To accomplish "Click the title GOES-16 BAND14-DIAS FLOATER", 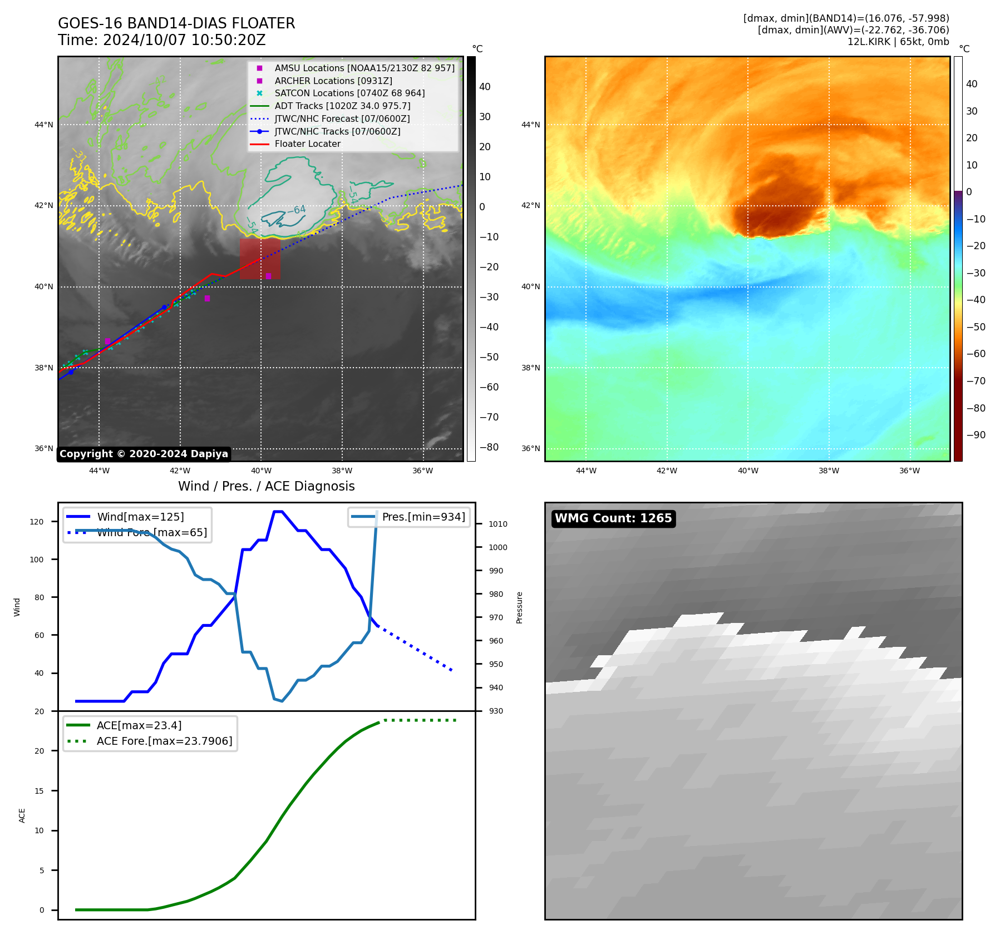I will pos(176,23).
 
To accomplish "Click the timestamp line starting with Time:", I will pos(162,40).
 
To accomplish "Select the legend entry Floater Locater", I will pos(307,144).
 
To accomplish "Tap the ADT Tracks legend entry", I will pos(342,106).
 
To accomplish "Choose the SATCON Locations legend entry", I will pos(349,93).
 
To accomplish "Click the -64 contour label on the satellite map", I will pos(297,210).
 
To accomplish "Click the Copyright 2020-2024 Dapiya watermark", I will pos(144,454).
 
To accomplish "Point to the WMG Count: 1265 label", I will pos(613,518).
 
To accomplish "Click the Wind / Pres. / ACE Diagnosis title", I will pos(266,486).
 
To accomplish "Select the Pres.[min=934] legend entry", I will pos(423,517).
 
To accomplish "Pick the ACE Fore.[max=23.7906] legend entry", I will pos(164,741).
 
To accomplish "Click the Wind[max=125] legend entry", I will pos(140,517).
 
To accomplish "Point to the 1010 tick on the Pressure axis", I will pos(497,524).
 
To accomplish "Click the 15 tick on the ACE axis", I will pos(39,791).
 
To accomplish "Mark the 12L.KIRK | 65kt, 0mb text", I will pos(898,42).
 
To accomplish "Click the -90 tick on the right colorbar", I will pos(976,435).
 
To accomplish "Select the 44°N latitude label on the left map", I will pos(44,125).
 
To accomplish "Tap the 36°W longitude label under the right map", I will pos(909,471).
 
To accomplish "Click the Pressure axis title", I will pos(519,607).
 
